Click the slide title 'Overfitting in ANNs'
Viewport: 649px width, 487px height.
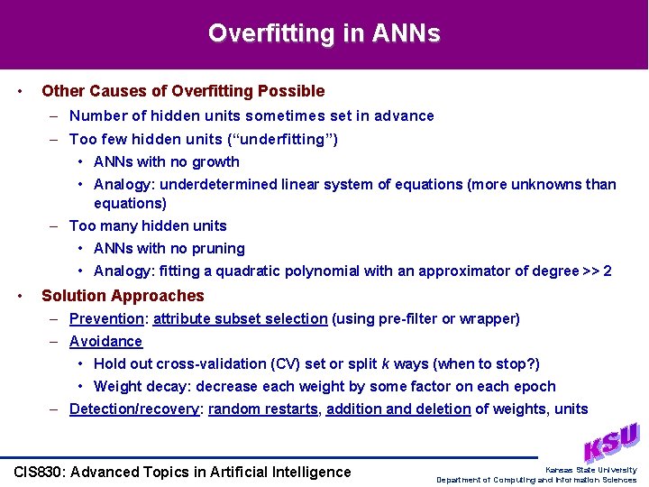click(324, 33)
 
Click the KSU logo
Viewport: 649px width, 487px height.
click(611, 443)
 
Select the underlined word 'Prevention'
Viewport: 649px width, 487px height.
click(106, 318)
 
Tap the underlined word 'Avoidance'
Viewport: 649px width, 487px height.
click(105, 341)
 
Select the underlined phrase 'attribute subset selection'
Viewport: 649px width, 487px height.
click(241, 318)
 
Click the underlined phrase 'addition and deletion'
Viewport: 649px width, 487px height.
click(398, 409)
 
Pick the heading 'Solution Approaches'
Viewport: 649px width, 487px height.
click(123, 296)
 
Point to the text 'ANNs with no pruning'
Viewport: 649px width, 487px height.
click(169, 248)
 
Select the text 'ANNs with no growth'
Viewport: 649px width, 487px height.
click(167, 161)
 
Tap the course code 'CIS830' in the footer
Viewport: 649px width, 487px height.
click(39, 472)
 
